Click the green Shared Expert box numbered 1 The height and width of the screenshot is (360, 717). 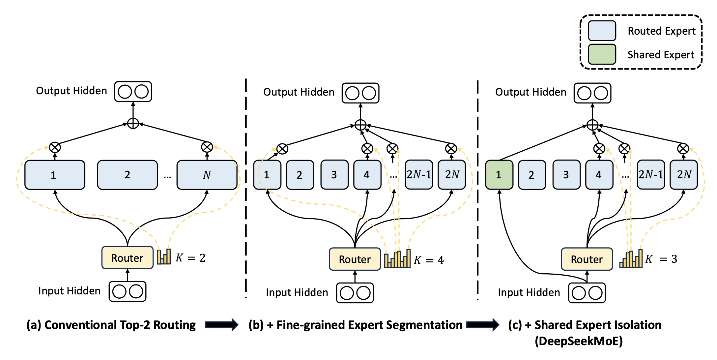499,175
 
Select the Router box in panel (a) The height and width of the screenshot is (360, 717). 127,257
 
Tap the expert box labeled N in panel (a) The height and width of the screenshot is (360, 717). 207,175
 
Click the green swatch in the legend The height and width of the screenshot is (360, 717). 602,54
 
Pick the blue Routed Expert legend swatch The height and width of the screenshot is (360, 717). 602,31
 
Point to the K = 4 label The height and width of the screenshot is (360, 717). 429,260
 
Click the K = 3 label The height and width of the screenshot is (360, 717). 661,259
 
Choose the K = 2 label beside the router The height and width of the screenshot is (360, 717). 190,258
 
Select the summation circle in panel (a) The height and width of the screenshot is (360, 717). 133,124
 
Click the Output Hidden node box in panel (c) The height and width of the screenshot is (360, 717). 592,93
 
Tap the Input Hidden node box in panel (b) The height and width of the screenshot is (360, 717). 355,293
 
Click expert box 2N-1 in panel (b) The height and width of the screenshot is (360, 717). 418,175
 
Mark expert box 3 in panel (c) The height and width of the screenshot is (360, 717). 566,175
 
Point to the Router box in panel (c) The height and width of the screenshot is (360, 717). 587,259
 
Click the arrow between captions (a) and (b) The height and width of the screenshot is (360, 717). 221,325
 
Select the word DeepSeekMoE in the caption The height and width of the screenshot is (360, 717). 579,341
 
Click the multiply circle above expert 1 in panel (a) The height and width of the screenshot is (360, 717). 55,147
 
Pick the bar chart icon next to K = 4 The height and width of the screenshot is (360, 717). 397,259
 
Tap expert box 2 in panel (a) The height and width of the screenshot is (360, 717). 127,175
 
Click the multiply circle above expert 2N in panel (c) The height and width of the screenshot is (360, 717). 683,149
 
